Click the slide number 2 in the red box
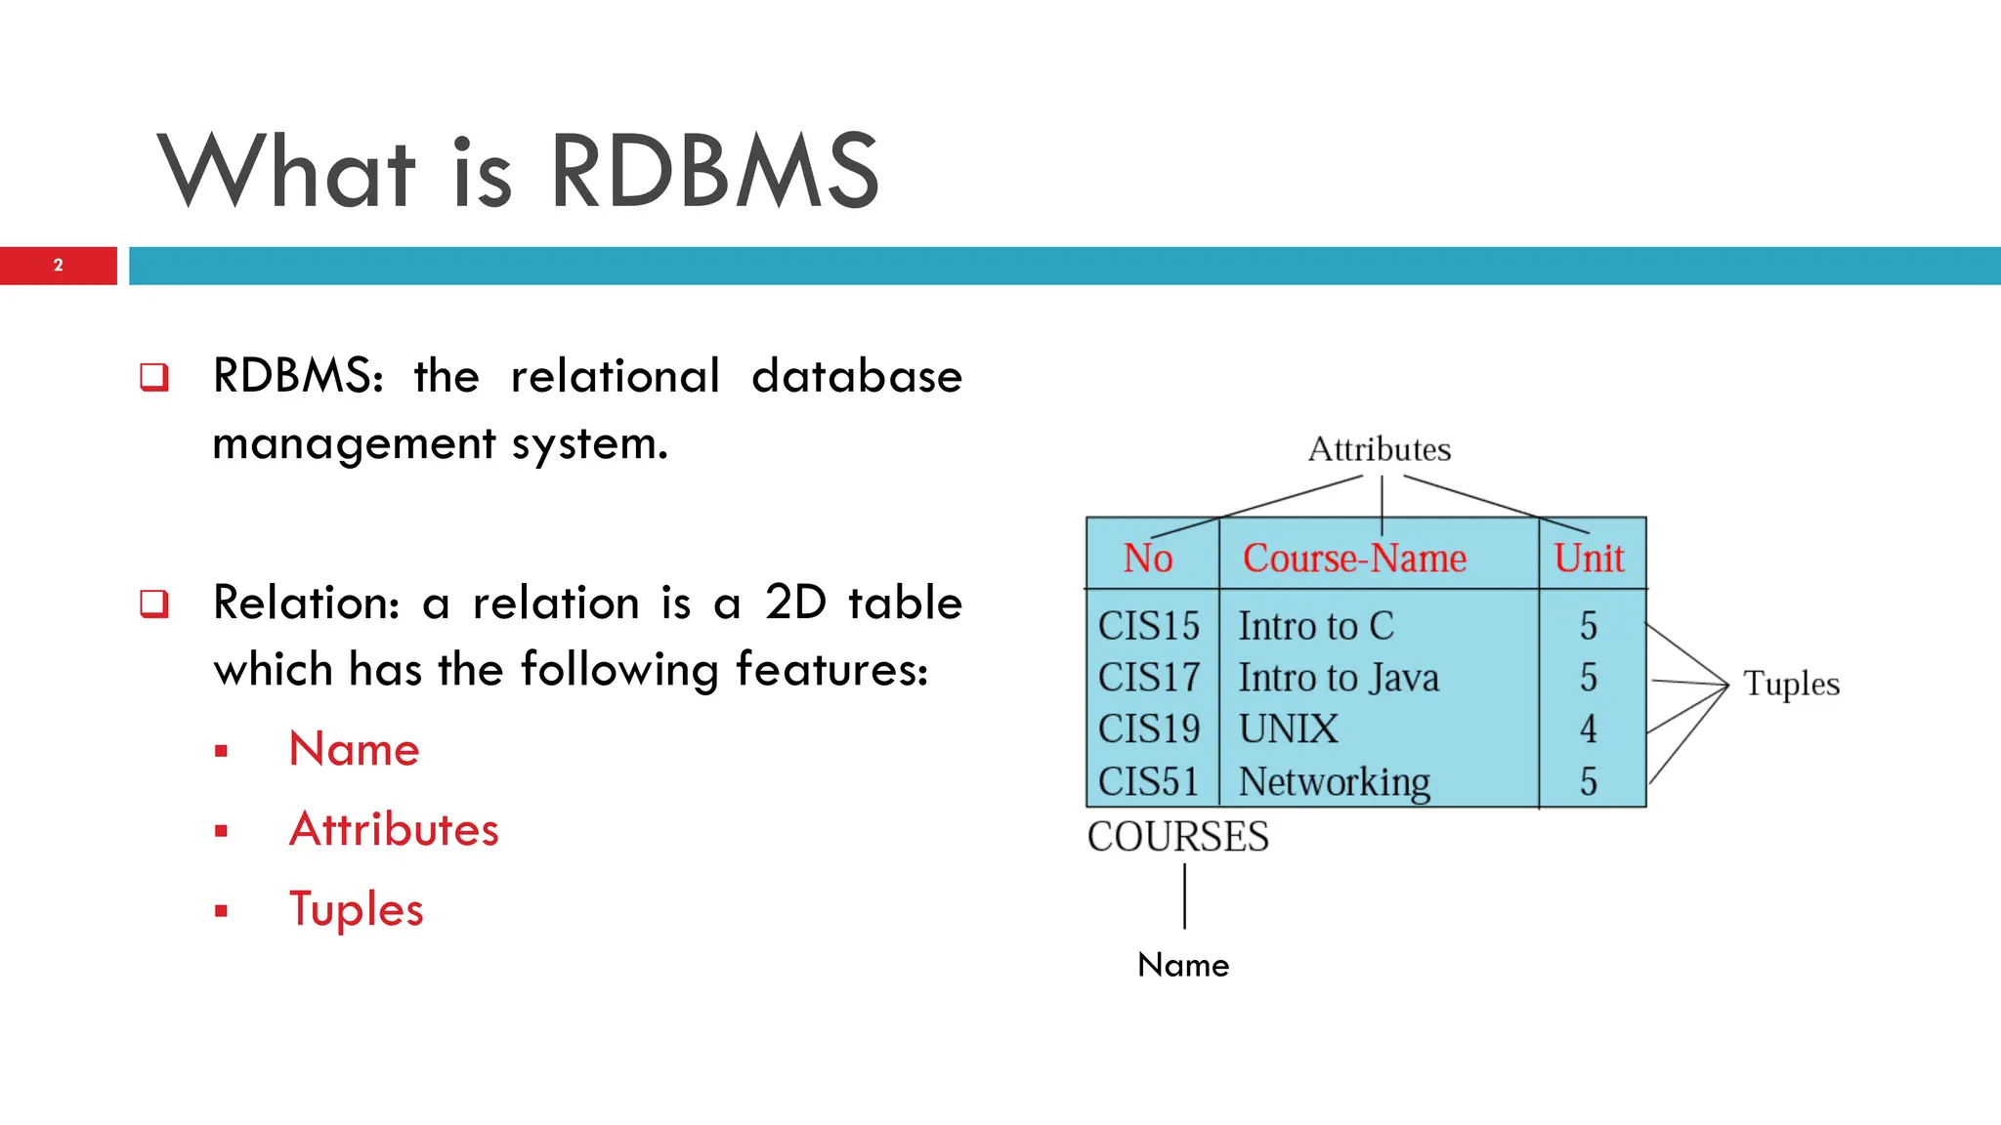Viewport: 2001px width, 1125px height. [x=58, y=266]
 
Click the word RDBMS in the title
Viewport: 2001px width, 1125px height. [x=714, y=172]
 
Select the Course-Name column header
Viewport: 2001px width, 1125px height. [x=1354, y=559]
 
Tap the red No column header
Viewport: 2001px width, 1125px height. [x=1147, y=559]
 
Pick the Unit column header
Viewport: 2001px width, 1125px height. [x=1589, y=559]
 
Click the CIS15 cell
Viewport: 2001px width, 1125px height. [x=1148, y=626]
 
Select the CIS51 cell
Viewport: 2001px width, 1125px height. [x=1148, y=781]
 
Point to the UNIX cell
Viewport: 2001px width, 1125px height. [x=1288, y=729]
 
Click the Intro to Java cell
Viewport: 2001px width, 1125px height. [x=1339, y=678]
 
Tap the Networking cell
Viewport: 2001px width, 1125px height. [x=1334, y=782]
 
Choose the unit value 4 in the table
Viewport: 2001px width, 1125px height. [x=1589, y=729]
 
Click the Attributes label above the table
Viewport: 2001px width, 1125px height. [x=1379, y=449]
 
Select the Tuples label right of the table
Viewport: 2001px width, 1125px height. [x=1791, y=684]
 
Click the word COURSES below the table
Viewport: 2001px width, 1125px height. [x=1177, y=837]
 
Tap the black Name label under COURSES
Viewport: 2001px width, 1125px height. [x=1183, y=965]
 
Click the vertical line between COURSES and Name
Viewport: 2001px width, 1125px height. [x=1184, y=896]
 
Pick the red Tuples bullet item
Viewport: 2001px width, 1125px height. [x=356, y=909]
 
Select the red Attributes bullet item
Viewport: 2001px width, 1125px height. [x=394, y=829]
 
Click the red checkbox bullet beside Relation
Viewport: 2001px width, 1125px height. [x=154, y=604]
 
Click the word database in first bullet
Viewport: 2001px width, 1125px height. [x=856, y=377]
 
